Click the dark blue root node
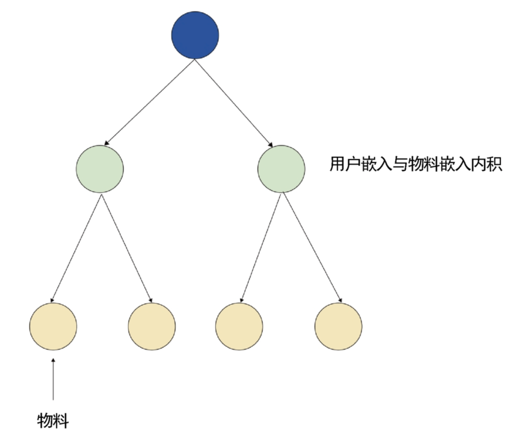pos(195,35)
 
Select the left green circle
pos(99,169)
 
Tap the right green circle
pos(281,169)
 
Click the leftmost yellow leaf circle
pos(53,327)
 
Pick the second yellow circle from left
pos(152,327)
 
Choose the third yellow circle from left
pos(239,327)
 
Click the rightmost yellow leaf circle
pos(338,327)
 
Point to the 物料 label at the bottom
pos(53,420)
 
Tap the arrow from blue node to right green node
pos(234,102)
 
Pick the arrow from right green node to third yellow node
pos(260,248)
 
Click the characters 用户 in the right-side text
pos(345,164)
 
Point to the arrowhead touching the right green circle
pos(271,145)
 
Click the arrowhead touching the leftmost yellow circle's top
pos(52,300)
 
